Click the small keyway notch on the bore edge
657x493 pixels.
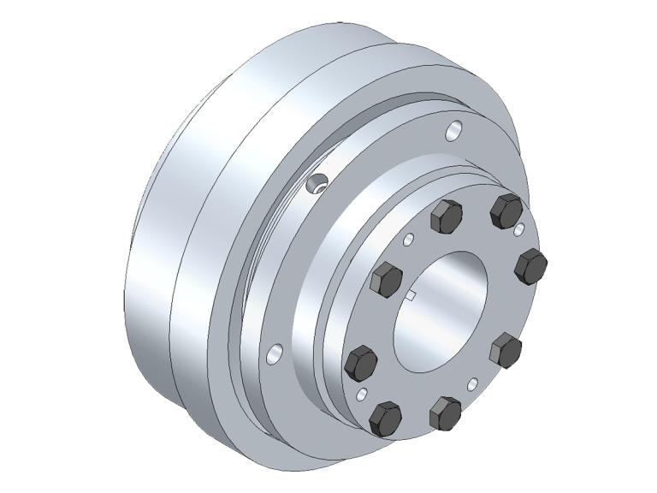411,297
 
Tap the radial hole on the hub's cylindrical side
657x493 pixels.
318,182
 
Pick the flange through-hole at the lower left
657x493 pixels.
274,352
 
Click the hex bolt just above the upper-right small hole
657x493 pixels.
506,210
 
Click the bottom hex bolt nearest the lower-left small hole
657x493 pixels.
386,419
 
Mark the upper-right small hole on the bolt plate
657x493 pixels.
519,229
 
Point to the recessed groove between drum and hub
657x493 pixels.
248,282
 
